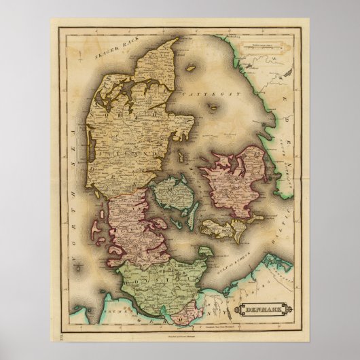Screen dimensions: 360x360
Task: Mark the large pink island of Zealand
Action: point(238,180)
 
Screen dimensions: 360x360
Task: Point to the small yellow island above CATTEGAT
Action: point(192,68)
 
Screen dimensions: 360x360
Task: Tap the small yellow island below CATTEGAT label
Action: point(213,107)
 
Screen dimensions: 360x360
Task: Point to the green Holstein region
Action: point(163,285)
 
